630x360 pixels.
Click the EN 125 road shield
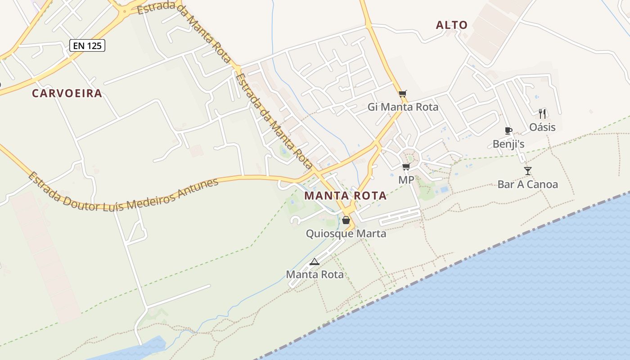tap(87, 45)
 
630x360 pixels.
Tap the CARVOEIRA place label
tap(67, 94)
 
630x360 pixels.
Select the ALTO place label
tap(452, 25)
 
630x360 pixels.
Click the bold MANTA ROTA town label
tap(345, 196)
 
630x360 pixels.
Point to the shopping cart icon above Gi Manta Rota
tap(403, 94)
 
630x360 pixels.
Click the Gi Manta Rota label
tap(403, 107)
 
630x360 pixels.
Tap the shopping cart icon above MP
tap(406, 167)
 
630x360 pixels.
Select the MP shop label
tap(406, 180)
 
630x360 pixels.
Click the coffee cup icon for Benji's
tap(508, 131)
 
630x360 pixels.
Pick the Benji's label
tap(508, 144)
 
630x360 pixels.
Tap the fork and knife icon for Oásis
tap(542, 114)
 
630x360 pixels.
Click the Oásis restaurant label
tap(542, 127)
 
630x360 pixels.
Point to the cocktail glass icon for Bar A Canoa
tap(528, 171)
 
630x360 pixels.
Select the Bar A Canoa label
tap(527, 184)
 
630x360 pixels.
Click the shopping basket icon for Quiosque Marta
tap(346, 220)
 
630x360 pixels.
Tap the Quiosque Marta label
tap(346, 234)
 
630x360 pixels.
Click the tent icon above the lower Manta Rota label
tap(315, 261)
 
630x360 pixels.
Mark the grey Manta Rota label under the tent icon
tap(315, 274)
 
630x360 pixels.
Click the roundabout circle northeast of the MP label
tap(412, 157)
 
